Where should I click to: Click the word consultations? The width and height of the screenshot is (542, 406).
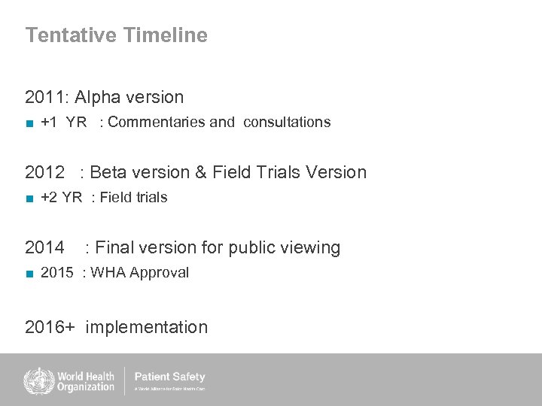(x=286, y=122)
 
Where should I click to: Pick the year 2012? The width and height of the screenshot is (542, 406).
(x=45, y=172)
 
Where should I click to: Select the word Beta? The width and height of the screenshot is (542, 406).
(x=108, y=172)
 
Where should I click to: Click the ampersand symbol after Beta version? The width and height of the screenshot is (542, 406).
(x=201, y=172)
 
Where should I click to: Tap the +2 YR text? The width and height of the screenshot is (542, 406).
(x=61, y=198)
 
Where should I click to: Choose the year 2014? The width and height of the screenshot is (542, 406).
(x=45, y=247)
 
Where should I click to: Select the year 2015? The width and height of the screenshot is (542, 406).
(x=57, y=273)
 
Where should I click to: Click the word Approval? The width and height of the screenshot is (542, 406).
(x=160, y=273)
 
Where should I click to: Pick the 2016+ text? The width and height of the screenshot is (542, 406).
(x=50, y=327)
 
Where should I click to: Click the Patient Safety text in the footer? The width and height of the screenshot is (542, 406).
(x=169, y=377)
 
